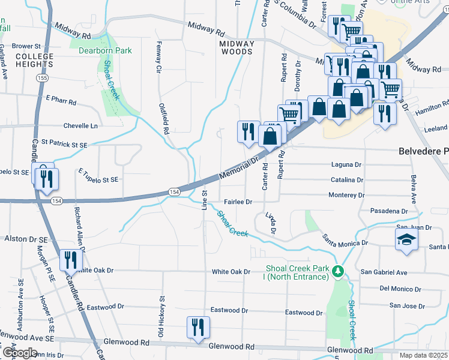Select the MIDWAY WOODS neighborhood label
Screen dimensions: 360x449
tap(236, 48)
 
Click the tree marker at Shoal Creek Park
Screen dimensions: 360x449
tap(339, 272)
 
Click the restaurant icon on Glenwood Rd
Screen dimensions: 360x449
tap(198, 328)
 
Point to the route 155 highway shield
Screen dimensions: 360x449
tap(42, 79)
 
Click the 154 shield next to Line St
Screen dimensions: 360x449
tap(173, 191)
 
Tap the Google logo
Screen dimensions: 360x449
tap(19, 353)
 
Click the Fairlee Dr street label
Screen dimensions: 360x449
tap(238, 202)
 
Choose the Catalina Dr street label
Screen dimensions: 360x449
tap(346, 180)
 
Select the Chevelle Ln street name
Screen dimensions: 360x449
tap(80, 126)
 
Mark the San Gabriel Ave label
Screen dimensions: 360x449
tap(384, 272)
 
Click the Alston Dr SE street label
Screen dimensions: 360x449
tap(21, 238)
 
